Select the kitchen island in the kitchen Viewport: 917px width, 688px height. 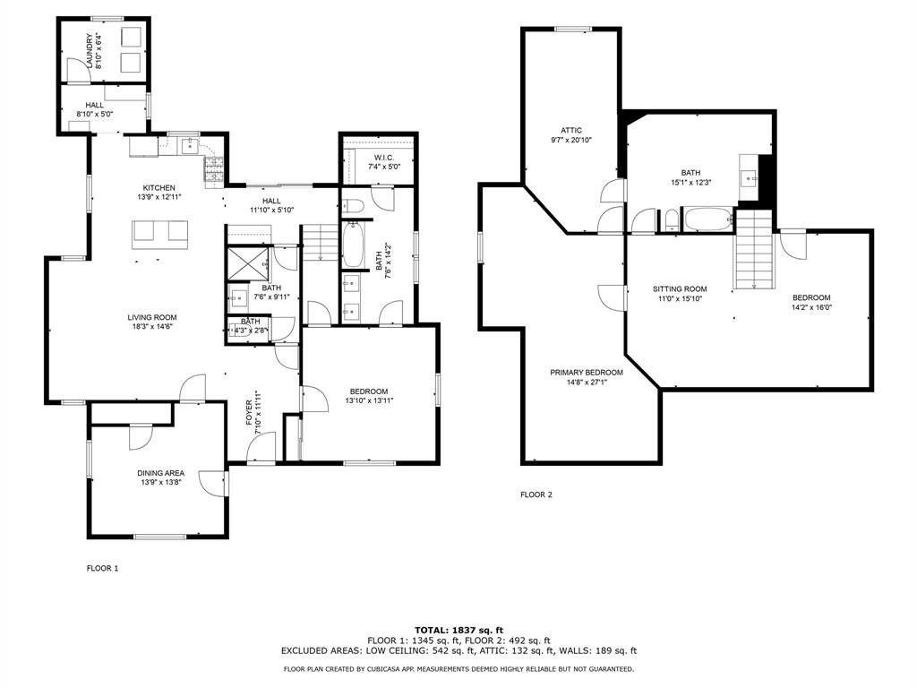[161, 234]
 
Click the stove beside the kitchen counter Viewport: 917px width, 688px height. [214, 169]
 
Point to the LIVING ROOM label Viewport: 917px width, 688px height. [151, 317]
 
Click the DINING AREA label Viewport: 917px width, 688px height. [160, 473]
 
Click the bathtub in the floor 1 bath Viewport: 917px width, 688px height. [353, 245]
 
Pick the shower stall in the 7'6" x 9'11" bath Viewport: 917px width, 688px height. [246, 263]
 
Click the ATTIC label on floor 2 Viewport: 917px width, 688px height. [571, 130]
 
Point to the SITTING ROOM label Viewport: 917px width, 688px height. [680, 289]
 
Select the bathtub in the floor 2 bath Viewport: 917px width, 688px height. [707, 219]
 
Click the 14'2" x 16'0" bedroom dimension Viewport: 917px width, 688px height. [811, 307]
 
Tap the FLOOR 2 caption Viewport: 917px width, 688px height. [536, 494]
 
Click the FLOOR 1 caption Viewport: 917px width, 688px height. [102, 568]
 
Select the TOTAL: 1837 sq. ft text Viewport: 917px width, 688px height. [458, 630]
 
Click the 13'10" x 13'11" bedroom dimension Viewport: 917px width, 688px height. [368, 400]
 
